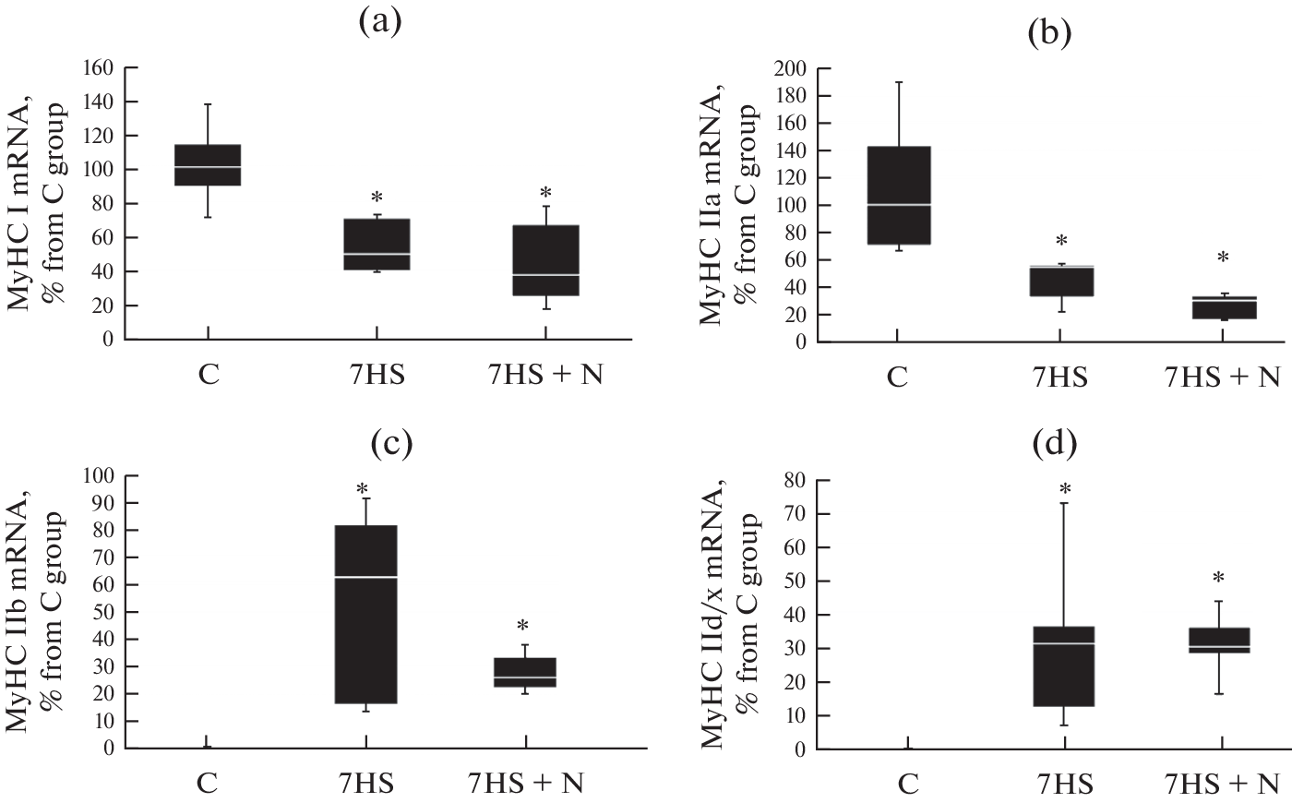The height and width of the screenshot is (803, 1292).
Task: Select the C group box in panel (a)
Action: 208,165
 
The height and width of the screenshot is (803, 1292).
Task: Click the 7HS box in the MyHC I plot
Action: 377,244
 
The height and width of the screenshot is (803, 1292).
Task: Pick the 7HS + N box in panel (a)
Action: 545,260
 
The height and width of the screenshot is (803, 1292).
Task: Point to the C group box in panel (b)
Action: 897,195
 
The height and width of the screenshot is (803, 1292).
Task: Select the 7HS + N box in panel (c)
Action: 525,673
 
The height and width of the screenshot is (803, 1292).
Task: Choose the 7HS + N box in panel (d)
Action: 1219,653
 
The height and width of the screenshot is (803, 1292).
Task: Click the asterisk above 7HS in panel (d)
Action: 1065,489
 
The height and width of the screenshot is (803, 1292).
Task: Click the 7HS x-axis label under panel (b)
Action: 1058,378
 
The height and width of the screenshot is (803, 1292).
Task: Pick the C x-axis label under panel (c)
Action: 207,784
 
